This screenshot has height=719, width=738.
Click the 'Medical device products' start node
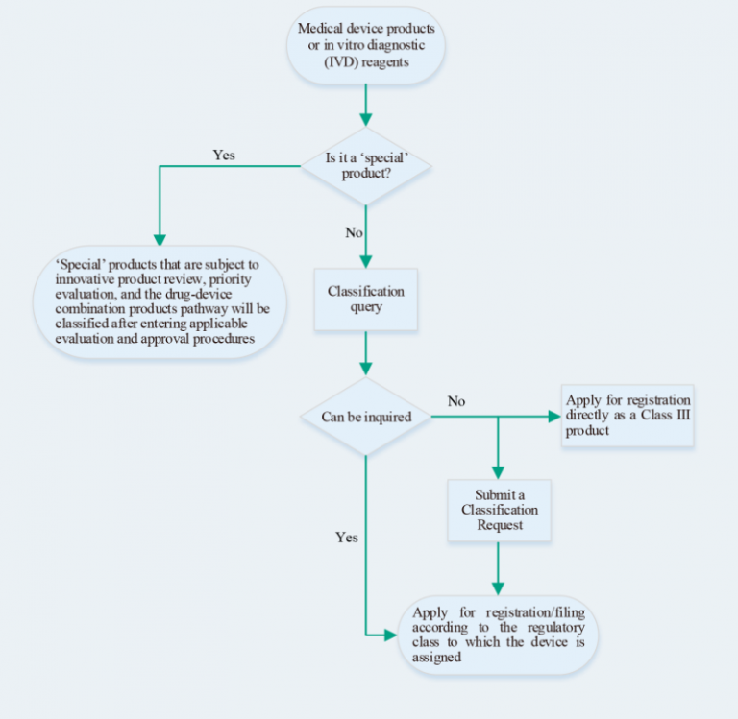click(x=366, y=46)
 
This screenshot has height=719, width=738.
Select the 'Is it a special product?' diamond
click(x=366, y=165)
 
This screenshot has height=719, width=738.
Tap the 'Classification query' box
click(x=366, y=299)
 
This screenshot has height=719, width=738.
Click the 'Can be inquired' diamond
click(x=366, y=416)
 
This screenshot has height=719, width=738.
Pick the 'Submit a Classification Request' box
click(x=498, y=509)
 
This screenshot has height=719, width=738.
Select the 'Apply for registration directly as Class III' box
click(x=627, y=416)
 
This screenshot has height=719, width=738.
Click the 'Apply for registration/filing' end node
click(x=498, y=635)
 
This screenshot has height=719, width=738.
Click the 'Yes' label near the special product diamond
click(x=224, y=155)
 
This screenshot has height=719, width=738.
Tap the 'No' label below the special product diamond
click(x=354, y=232)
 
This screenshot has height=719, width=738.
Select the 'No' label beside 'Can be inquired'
click(x=456, y=400)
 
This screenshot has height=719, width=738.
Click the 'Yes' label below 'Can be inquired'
click(x=347, y=538)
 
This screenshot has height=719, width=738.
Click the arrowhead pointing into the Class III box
click(x=553, y=417)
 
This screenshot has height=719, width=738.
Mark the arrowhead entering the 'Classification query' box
click(x=366, y=260)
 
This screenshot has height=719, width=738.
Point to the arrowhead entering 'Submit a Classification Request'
click(x=498, y=472)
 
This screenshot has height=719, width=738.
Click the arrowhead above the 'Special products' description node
click(x=160, y=239)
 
